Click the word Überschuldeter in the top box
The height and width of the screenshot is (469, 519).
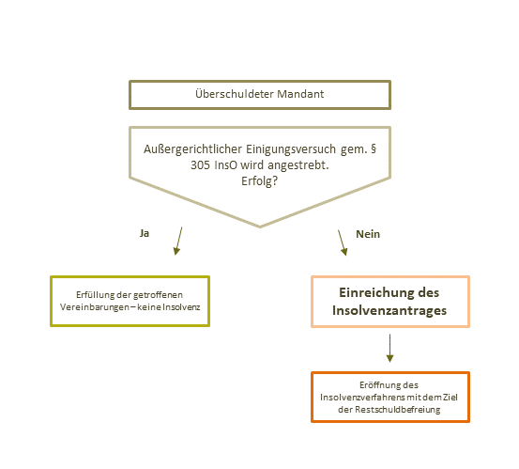tap(235, 94)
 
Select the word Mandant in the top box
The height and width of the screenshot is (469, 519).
tap(300, 94)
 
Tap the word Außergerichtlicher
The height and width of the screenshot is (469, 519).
tap(192, 149)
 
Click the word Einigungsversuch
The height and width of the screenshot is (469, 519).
tap(291, 149)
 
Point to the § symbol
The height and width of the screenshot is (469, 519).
tap(374, 149)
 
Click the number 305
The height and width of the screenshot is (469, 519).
tap(200, 165)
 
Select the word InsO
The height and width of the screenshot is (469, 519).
tap(226, 165)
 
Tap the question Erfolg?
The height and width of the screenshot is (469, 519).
tap(259, 181)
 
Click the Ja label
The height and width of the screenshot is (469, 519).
tap(145, 233)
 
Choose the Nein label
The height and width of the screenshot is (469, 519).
tap(368, 234)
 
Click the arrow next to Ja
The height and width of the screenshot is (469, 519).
tap(178, 241)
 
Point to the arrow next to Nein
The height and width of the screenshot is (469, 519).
tap(343, 242)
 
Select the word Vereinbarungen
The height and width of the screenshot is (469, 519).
tap(95, 307)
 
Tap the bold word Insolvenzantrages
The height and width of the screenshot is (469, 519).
tap(389, 310)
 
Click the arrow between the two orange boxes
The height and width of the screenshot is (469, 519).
tap(389, 348)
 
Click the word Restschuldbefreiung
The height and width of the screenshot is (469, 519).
tap(398, 410)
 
